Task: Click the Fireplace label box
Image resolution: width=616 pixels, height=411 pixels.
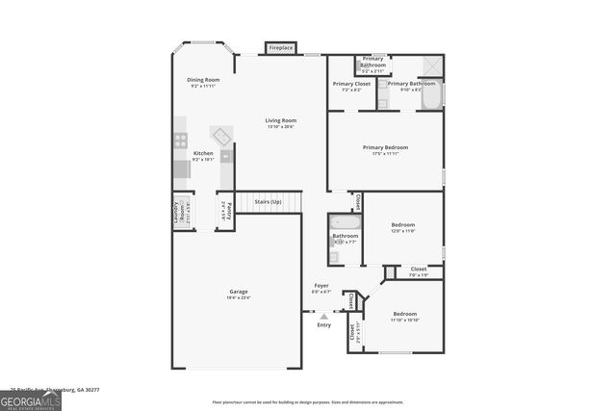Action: pos(281,47)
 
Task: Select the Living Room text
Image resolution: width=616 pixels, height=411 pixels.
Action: pos(281,121)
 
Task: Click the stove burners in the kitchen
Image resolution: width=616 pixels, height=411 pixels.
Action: pos(180,141)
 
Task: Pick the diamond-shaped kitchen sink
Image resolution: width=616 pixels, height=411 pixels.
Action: pos(221,134)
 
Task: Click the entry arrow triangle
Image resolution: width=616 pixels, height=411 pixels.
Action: pos(324,315)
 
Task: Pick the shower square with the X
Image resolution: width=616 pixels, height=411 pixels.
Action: pos(431,65)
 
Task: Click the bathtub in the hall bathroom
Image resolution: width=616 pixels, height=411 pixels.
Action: pos(346,222)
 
